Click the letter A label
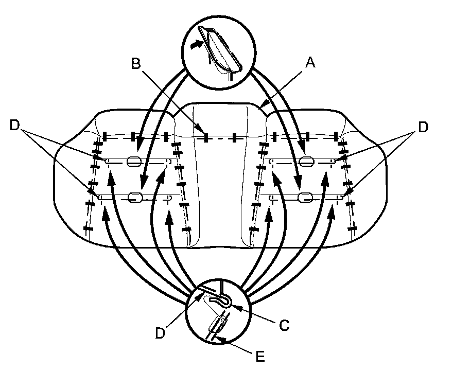click(310, 63)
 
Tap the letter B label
click(136, 64)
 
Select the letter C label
click(284, 325)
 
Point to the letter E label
click(260, 356)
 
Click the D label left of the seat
click(15, 126)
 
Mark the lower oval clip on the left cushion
click(136, 197)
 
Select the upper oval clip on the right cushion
click(306, 161)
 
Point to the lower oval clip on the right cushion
click(305, 197)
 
